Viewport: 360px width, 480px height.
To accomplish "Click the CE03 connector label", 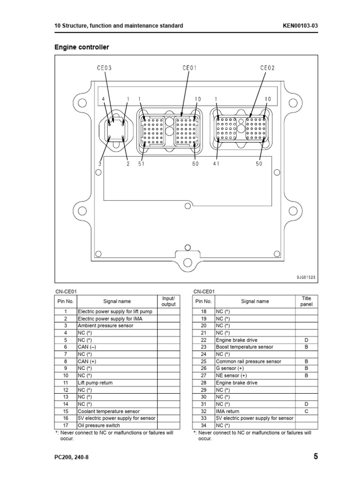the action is [104, 68].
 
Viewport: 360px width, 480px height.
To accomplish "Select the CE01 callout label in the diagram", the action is [189, 67].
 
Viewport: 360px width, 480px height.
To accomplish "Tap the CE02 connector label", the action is [268, 67].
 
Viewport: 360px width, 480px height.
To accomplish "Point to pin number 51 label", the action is [141, 164].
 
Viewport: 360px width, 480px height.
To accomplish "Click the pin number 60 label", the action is [195, 164].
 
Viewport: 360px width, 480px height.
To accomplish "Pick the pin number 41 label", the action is [216, 164].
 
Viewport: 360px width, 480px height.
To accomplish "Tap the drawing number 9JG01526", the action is [306, 277].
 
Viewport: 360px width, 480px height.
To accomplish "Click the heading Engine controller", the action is [82, 47].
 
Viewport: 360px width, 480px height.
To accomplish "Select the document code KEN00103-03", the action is [300, 26].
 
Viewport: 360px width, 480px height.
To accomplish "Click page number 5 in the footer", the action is [315, 457].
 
